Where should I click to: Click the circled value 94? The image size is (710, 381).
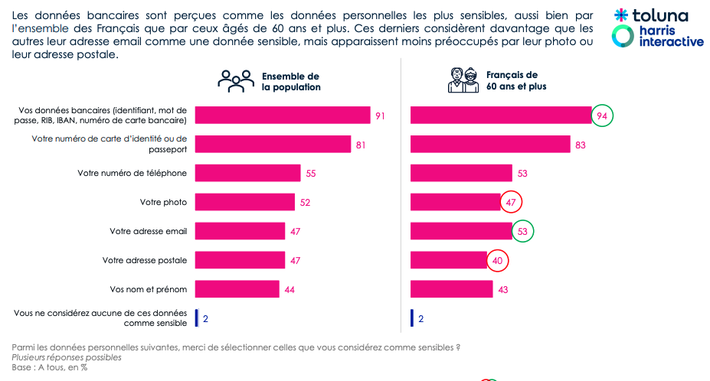click(x=603, y=116)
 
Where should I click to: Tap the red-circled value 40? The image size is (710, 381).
click(x=498, y=260)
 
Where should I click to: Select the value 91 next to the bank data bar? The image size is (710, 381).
click(x=379, y=116)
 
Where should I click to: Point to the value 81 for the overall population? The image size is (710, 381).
click(x=360, y=145)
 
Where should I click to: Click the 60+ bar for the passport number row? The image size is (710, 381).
click(x=490, y=144)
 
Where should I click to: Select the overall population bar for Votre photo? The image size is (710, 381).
click(x=245, y=202)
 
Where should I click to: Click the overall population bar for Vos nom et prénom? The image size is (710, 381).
click(x=237, y=289)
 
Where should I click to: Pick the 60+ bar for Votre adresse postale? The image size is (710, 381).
click(x=449, y=260)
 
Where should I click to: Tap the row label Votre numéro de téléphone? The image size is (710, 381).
click(x=132, y=173)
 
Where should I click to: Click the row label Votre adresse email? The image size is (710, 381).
click(x=148, y=231)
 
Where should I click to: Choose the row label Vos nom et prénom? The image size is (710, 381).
click(x=149, y=289)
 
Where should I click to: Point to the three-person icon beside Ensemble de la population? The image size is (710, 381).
click(x=236, y=80)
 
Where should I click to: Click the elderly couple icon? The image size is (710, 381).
click(x=463, y=80)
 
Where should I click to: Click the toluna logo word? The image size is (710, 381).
click(x=658, y=16)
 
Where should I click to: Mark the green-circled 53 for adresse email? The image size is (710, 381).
click(x=522, y=231)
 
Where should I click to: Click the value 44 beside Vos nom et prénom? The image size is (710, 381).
click(x=290, y=289)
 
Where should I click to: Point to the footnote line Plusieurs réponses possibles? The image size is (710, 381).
click(x=66, y=357)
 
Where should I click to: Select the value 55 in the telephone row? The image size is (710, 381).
click(x=311, y=173)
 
